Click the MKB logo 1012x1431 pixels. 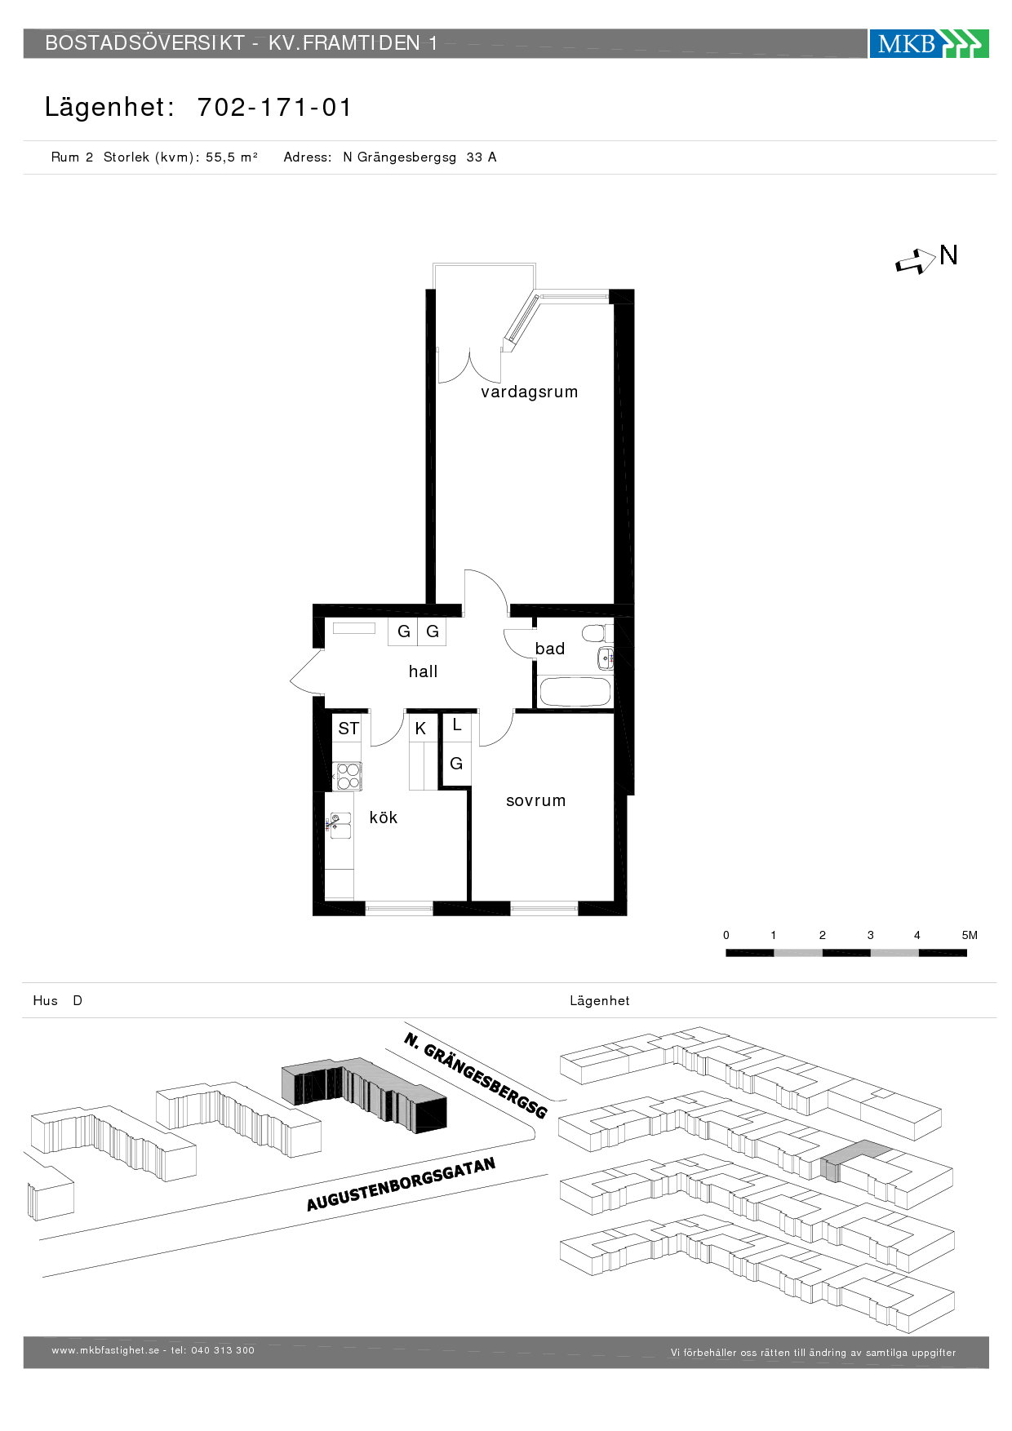929,43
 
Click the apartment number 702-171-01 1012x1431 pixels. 274,108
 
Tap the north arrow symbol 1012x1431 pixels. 916,262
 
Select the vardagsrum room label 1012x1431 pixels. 530,392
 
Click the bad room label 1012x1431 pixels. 550,649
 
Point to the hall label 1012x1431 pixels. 423,671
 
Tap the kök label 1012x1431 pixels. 384,817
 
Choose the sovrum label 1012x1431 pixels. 536,801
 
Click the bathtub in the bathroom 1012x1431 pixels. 575,692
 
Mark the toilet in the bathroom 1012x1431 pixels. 597,633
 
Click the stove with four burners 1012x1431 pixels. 348,776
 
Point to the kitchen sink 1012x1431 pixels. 340,826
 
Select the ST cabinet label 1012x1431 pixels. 348,729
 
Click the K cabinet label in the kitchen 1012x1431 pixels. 420,729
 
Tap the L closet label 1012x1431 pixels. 457,724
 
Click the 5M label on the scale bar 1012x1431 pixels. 970,936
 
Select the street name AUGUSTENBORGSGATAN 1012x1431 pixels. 401,1184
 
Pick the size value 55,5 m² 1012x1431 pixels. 232,157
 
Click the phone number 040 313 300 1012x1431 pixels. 223,1350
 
